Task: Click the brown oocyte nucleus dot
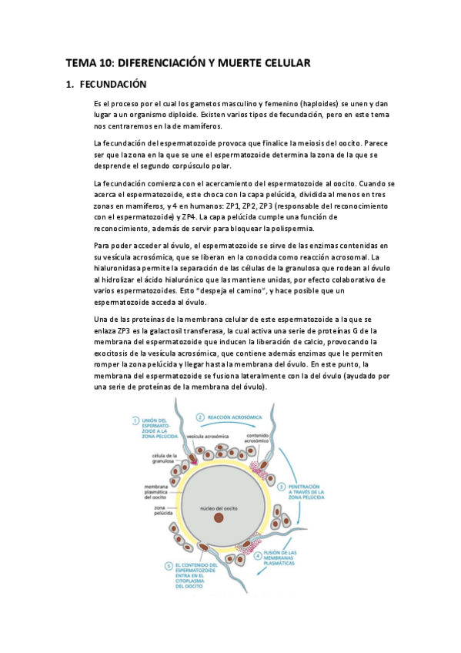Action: pyautogui.click(x=219, y=517)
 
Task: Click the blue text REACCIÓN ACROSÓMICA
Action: pyautogui.click(x=234, y=417)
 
